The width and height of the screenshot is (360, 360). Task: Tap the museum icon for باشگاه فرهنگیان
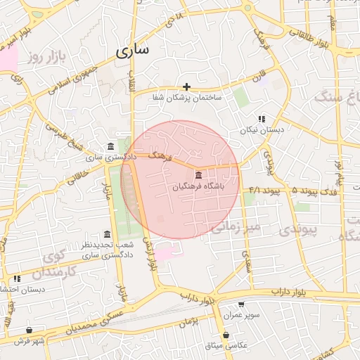pos(198,174)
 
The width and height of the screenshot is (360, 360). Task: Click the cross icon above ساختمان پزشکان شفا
pos(187,86)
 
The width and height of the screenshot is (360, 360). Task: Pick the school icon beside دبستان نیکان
pos(261,119)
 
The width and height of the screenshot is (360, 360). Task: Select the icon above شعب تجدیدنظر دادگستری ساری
pos(107,234)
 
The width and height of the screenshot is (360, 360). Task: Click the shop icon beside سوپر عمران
pos(241,304)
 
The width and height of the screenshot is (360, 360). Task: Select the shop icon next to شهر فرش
pos(29,330)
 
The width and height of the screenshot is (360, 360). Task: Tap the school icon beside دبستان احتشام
pos(15,278)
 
